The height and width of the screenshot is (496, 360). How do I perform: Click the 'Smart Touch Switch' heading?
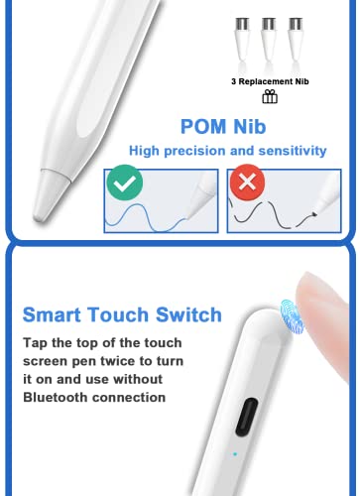pos(122,315)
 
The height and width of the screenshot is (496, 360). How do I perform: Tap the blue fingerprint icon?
pos(293,315)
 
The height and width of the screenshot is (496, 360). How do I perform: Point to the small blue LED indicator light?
pos(234,456)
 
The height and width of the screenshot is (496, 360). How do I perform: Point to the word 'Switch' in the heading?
pos(188,315)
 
